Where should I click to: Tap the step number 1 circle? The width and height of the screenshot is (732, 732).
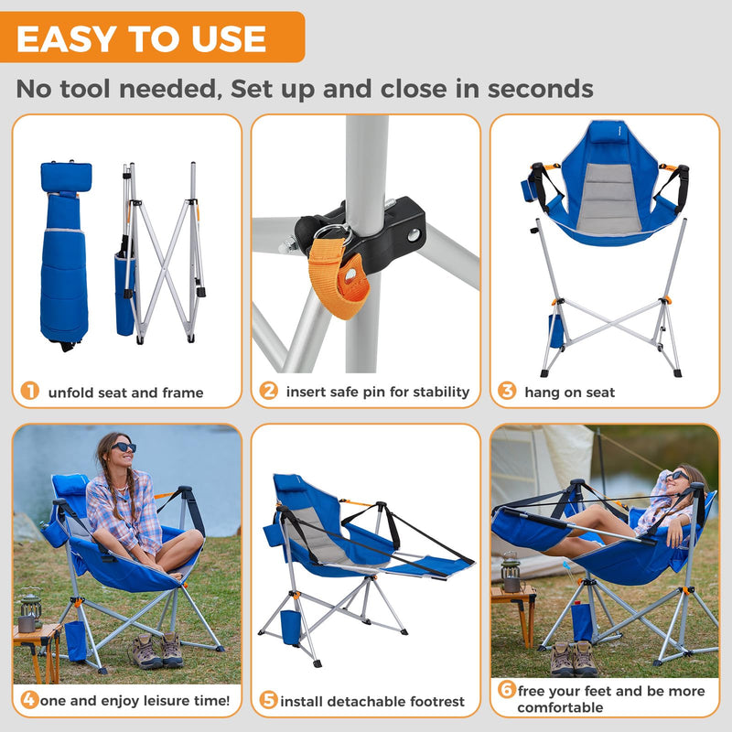point(30,392)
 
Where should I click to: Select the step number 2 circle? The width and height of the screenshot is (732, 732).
point(268,392)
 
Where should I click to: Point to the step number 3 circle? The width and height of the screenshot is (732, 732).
point(507,392)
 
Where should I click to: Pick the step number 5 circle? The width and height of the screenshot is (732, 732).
point(268,701)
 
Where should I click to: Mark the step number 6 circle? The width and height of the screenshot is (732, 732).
point(507,691)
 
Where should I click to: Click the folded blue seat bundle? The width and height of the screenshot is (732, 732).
point(65,256)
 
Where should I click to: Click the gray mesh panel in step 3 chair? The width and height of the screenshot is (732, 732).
point(608,197)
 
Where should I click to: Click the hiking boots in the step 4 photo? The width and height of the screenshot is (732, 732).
point(157,651)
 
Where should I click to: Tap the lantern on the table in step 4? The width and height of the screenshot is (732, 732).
point(30,609)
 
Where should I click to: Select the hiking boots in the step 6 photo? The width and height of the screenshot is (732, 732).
point(574,659)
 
